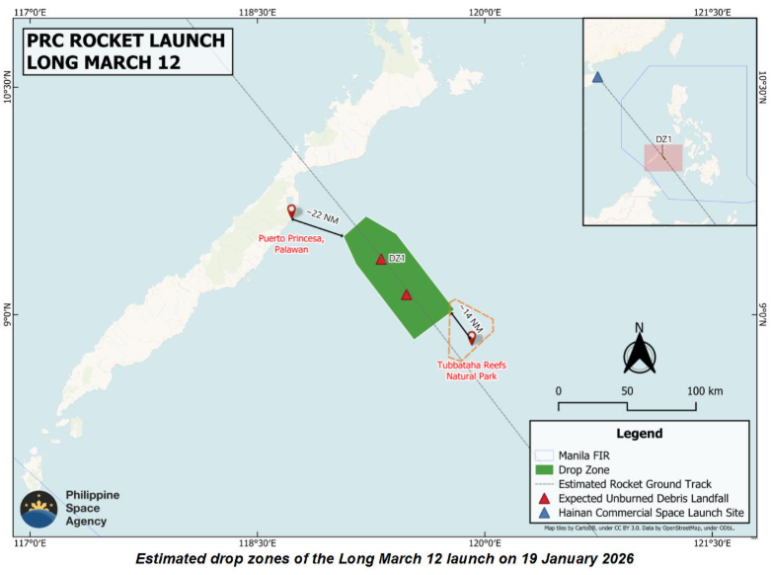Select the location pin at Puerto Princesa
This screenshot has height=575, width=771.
[291, 211]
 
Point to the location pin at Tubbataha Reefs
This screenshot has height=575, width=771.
[472, 338]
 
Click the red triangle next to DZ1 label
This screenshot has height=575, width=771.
[381, 260]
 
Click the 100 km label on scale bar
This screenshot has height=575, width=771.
[704, 391]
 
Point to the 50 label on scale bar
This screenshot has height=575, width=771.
[627, 391]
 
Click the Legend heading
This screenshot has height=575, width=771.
[640, 434]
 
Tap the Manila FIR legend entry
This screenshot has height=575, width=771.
[584, 453]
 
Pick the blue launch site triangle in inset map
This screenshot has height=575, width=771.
[597, 77]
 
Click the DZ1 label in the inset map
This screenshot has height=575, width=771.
[664, 138]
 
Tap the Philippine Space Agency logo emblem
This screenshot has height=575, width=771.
[39, 508]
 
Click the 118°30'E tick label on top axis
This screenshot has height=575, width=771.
[258, 11]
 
